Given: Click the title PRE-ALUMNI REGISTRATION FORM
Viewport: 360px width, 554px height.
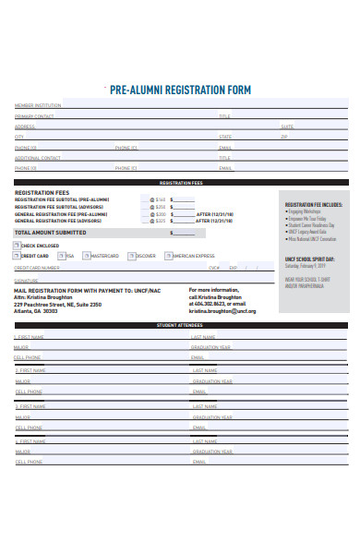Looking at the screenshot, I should tap(180, 90).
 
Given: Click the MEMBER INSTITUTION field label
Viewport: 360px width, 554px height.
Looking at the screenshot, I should tap(38, 106).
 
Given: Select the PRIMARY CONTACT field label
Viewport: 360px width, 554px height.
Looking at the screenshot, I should tap(34, 116).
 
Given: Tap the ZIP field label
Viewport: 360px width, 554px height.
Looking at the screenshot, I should tap(284, 137).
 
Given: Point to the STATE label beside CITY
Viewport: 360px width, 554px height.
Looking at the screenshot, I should tap(225, 137).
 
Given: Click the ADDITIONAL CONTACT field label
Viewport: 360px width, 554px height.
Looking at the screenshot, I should tap(38, 157).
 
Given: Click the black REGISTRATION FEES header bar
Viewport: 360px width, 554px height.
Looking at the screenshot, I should tap(181, 183).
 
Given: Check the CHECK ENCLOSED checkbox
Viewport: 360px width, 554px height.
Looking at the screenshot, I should tap(17, 246).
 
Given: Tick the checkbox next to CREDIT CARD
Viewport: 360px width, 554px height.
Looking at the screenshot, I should tap(17, 256).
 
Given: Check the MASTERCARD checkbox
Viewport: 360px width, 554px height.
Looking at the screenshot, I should tap(86, 256).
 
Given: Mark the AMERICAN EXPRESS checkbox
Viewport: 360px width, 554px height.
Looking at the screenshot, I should tap(169, 256).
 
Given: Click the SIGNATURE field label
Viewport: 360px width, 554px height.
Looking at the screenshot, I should tap(27, 279).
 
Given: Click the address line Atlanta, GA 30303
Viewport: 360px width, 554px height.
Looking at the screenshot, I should tap(42, 311).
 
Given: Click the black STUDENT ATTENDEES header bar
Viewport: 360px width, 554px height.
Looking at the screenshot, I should tap(181, 326).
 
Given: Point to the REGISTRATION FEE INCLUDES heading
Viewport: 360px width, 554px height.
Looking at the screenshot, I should tap(314, 204).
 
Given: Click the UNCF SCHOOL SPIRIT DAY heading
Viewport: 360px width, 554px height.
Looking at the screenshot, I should tap(310, 259).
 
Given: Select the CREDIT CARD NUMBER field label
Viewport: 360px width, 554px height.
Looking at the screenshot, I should tap(37, 267).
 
